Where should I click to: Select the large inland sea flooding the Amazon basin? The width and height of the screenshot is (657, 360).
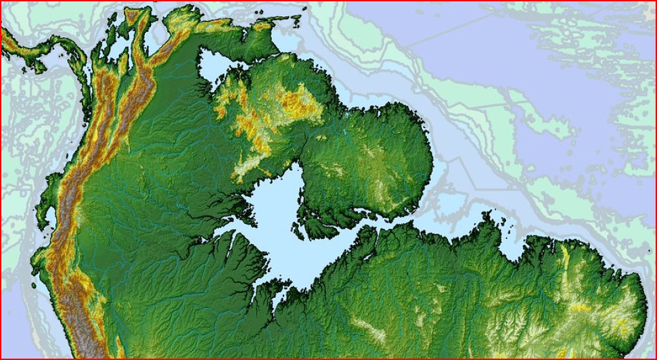coord(284,223)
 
